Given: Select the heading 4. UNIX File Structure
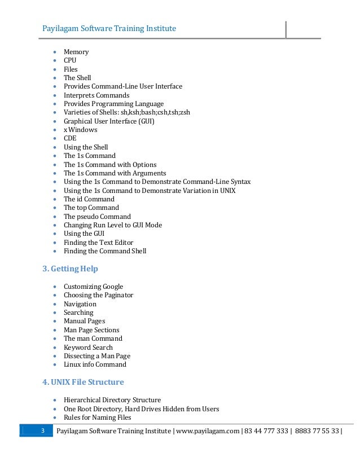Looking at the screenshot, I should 83,382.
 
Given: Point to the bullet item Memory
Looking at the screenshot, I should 76,52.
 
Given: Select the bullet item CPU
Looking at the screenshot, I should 70,60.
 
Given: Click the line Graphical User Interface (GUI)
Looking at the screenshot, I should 109,121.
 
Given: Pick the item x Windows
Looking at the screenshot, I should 80,130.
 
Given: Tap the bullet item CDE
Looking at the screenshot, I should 70,138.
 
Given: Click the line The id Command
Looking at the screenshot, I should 89,199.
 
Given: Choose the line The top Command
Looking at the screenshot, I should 91,208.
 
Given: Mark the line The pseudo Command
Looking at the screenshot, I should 97,217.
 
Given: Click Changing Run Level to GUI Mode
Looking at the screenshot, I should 112,225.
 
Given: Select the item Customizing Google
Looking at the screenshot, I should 93,287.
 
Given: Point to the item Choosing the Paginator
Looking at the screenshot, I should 98,295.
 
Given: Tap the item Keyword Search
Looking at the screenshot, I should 88,348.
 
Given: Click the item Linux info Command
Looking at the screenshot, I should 95,364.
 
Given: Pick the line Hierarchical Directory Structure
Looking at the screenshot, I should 112,400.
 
